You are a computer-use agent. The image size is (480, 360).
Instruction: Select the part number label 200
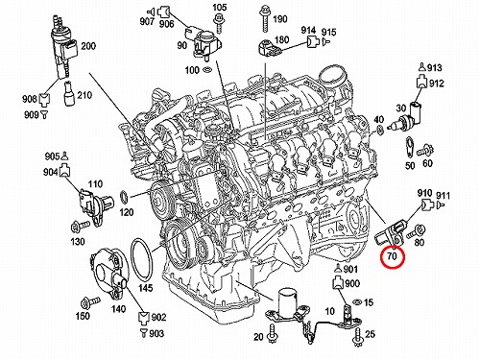click(x=88, y=46)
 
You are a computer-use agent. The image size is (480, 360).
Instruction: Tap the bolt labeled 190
click(x=265, y=19)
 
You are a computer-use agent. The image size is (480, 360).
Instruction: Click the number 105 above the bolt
click(x=220, y=7)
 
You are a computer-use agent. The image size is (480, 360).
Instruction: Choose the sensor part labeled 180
click(x=269, y=48)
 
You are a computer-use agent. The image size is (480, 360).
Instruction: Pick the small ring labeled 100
click(x=206, y=69)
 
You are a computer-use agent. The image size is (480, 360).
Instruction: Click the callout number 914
click(x=308, y=31)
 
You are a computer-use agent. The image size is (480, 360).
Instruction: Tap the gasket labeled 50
click(x=410, y=147)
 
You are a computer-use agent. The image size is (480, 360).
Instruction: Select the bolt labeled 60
click(x=426, y=150)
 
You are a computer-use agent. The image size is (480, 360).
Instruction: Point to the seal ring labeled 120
click(x=124, y=197)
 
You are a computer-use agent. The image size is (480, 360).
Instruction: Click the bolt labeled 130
click(x=80, y=227)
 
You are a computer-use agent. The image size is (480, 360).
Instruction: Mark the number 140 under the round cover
click(x=118, y=309)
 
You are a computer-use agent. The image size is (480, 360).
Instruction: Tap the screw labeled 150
click(x=90, y=301)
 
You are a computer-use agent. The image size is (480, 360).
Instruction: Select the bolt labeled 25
click(x=357, y=334)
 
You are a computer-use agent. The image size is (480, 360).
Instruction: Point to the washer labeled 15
click(x=356, y=301)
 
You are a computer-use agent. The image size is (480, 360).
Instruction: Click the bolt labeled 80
click(x=416, y=232)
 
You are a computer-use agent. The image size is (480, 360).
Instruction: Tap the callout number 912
click(x=437, y=84)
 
